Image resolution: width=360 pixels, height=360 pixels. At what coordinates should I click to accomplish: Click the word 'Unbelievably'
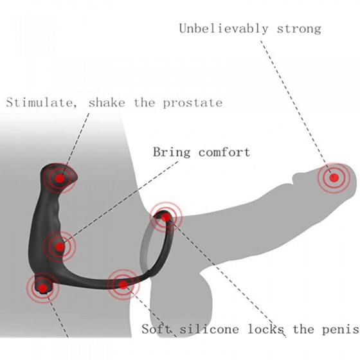[x=224, y=29]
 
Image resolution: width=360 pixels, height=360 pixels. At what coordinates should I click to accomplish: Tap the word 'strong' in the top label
[x=299, y=29]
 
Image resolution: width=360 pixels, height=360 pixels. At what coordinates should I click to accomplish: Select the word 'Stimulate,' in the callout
[x=42, y=103]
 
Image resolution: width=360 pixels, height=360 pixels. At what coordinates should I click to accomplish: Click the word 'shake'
[x=107, y=102]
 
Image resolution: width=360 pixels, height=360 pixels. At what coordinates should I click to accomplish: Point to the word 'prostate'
[x=193, y=103]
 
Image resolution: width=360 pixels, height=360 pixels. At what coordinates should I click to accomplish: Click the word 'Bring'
[x=172, y=152]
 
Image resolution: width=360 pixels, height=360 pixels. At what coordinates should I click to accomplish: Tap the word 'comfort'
[x=224, y=152]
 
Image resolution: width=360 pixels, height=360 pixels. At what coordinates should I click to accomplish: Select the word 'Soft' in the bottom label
[x=157, y=329]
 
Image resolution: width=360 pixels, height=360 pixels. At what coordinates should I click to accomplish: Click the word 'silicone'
[x=209, y=329]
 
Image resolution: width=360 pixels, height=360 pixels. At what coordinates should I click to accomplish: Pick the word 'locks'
[x=266, y=329]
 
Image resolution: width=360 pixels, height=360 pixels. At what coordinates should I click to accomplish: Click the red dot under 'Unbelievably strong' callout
[x=334, y=177]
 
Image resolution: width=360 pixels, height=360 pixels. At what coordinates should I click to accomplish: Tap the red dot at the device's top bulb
[x=60, y=179]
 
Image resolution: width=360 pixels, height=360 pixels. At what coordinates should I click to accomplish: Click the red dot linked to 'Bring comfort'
[x=60, y=247]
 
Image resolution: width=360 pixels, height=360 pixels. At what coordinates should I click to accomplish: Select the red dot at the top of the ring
[x=166, y=217]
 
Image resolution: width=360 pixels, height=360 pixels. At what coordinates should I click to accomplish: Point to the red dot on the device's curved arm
[x=123, y=285]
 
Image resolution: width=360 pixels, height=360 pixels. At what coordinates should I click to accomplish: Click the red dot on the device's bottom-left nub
[x=42, y=287]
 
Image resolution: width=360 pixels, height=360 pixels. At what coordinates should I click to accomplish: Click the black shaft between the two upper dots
[x=51, y=212]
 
